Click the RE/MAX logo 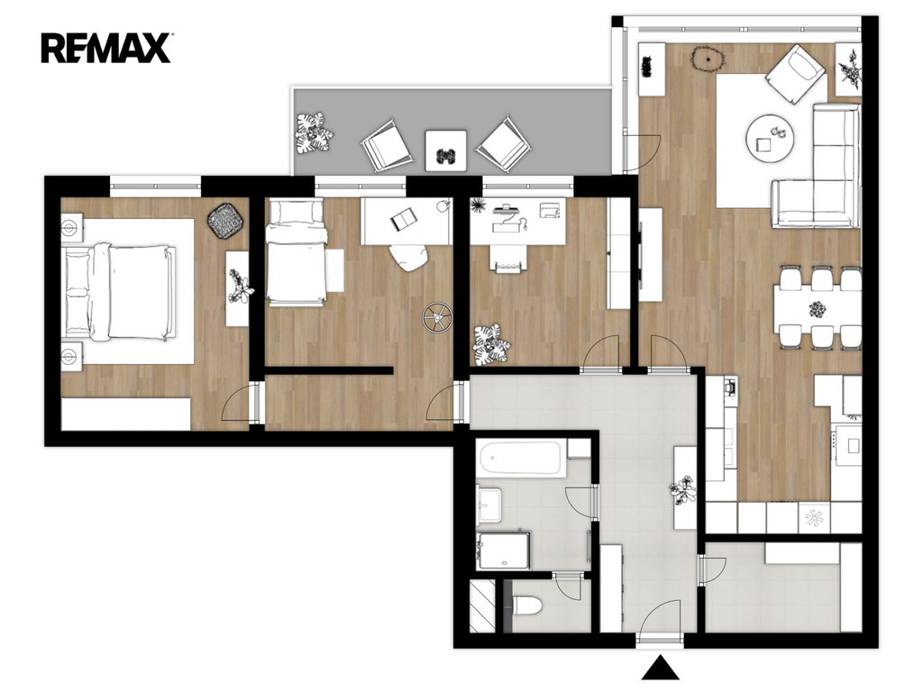coord(106,49)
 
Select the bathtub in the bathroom coord(520,459)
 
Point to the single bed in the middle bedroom coord(296,252)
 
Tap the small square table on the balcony coord(445,150)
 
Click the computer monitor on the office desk coord(506,208)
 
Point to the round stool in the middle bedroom coord(437,317)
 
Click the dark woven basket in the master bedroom coord(224,221)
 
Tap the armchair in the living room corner coord(795,74)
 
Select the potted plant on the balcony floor coord(314,133)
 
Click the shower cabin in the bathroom coord(503,551)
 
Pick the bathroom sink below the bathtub coord(489,505)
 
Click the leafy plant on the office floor coord(491,344)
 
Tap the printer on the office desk coord(549,209)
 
